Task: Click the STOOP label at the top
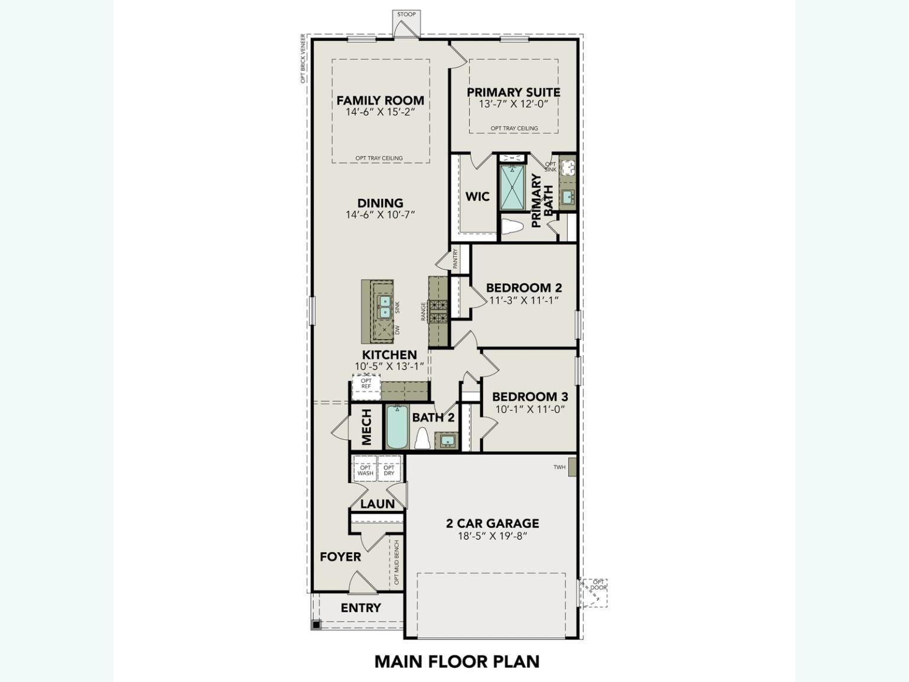pyautogui.click(x=406, y=14)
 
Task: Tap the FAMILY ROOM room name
pyautogui.click(x=380, y=100)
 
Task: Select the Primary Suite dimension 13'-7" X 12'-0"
pyautogui.click(x=514, y=104)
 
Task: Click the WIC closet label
pyautogui.click(x=477, y=196)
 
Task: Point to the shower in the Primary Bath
pyautogui.click(x=512, y=187)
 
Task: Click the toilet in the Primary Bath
pyautogui.click(x=512, y=227)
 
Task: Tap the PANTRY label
pyautogui.click(x=455, y=259)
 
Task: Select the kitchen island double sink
pyautogui.click(x=384, y=306)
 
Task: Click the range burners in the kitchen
pyautogui.click(x=439, y=311)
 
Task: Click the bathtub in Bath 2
pyautogui.click(x=397, y=427)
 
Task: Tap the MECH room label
pyautogui.click(x=366, y=427)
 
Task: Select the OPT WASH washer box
pyautogui.click(x=365, y=470)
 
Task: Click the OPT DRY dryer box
pyautogui.click(x=389, y=470)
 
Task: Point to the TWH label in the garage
pyautogui.click(x=559, y=467)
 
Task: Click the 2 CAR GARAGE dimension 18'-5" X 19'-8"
pyautogui.click(x=492, y=536)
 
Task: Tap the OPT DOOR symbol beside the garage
pyautogui.click(x=594, y=592)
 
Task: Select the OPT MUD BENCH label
pyautogui.click(x=397, y=562)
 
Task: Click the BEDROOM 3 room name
pyautogui.click(x=530, y=397)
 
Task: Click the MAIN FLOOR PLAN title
pyautogui.click(x=457, y=661)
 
